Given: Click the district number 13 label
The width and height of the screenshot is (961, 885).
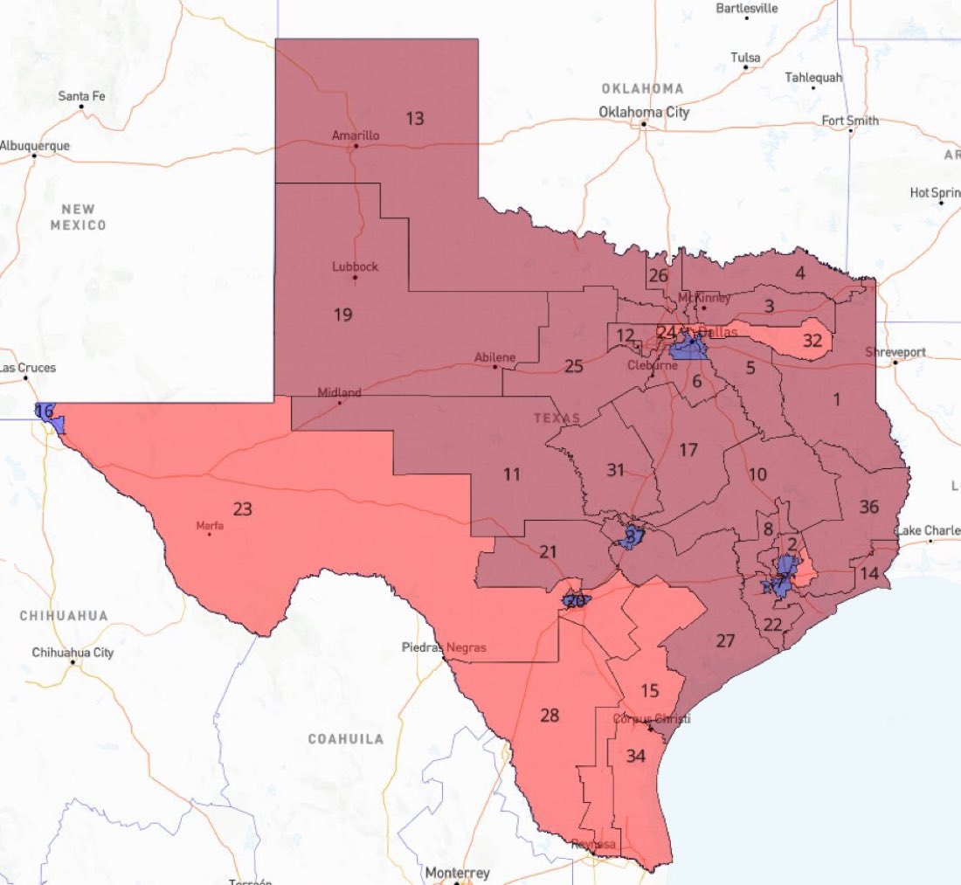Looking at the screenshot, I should point(415,118).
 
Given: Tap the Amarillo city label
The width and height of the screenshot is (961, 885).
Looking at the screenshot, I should point(356,135).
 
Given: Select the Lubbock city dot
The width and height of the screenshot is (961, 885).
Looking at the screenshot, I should point(355,278).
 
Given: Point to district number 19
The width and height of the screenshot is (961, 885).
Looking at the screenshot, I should point(342,314).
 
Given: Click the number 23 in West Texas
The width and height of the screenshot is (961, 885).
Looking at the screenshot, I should point(242,508).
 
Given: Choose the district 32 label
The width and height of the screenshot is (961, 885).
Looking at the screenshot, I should point(812,341).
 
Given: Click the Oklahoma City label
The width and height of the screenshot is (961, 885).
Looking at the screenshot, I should point(644,112).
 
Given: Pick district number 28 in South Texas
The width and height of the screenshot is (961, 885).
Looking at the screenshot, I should point(549,716).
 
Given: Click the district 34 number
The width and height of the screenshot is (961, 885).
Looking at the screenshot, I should point(635,756).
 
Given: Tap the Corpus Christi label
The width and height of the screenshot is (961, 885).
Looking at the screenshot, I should point(652,718).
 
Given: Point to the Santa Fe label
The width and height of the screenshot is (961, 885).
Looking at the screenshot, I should point(81,95).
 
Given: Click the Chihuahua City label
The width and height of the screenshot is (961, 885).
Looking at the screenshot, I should point(73,652).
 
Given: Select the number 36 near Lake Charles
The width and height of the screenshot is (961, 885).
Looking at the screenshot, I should point(868,507).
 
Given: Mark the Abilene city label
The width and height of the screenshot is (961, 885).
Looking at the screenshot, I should point(494,357).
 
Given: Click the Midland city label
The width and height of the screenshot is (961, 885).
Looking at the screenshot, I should point(339,393).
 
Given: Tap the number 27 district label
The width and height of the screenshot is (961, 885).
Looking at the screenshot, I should point(725,640).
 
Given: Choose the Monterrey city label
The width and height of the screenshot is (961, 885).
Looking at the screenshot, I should point(457,873).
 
